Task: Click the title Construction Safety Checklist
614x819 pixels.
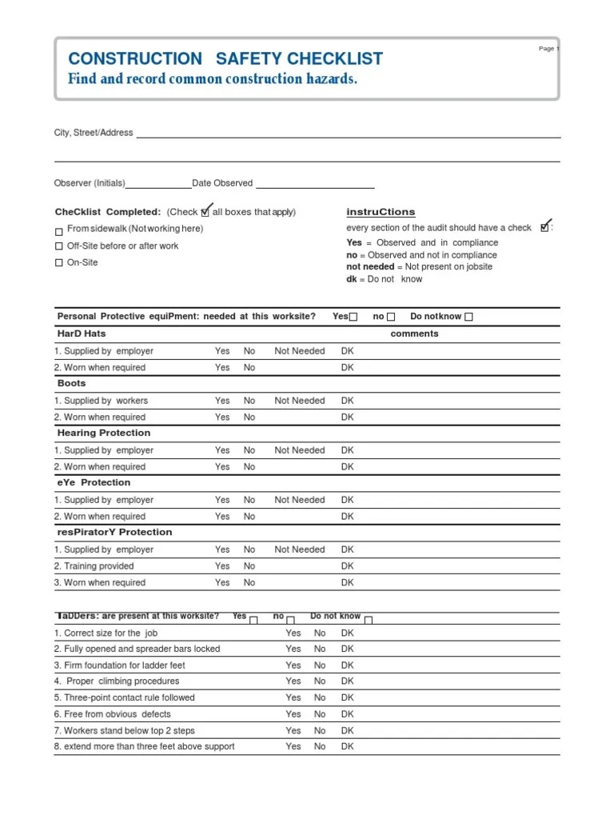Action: click(x=225, y=58)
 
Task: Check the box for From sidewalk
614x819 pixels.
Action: click(x=58, y=231)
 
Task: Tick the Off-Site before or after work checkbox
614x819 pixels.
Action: click(x=58, y=247)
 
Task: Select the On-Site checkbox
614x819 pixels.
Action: click(x=58, y=263)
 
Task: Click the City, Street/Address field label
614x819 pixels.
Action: click(x=94, y=133)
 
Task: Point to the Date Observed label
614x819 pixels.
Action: click(x=222, y=183)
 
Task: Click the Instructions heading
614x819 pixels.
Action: click(x=381, y=212)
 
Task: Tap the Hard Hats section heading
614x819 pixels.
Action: click(x=82, y=334)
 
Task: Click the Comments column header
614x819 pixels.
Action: click(x=414, y=334)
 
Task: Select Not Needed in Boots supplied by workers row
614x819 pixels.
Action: click(x=300, y=401)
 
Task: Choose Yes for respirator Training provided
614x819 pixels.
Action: click(x=222, y=566)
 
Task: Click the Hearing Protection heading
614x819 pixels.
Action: click(x=104, y=433)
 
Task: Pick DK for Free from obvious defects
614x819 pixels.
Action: click(x=347, y=714)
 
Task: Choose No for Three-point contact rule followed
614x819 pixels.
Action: click(x=320, y=697)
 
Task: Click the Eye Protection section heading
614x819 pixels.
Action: click(x=94, y=482)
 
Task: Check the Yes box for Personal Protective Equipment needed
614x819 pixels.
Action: click(x=353, y=318)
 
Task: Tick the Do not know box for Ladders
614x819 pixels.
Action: click(x=369, y=619)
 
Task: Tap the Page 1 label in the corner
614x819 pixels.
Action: click(x=548, y=49)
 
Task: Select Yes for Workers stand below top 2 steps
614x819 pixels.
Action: click(x=293, y=730)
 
